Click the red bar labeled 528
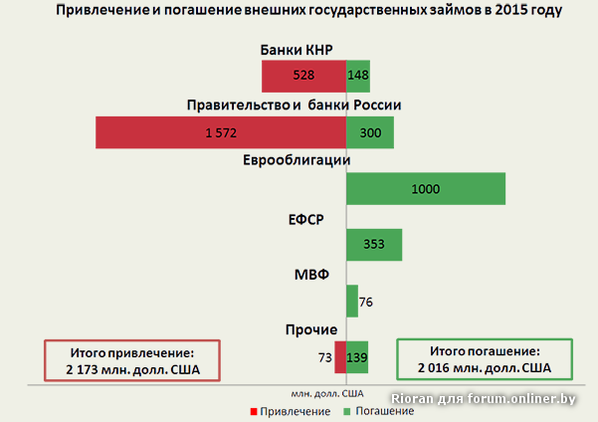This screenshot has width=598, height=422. (303, 76)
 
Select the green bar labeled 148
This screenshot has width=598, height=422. (358, 76)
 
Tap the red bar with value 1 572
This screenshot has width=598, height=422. (220, 132)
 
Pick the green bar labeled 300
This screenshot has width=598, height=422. (369, 132)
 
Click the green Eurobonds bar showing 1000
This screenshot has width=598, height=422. (425, 189)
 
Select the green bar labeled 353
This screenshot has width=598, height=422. (374, 245)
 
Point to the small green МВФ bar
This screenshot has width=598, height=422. (352, 301)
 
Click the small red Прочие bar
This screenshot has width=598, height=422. (340, 357)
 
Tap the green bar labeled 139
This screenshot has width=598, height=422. (357, 357)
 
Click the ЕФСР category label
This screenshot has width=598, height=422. (302, 219)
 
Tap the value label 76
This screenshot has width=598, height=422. (366, 302)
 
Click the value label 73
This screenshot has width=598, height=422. (324, 357)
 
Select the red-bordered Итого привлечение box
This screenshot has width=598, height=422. (131, 360)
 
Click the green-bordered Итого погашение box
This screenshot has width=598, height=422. (485, 360)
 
